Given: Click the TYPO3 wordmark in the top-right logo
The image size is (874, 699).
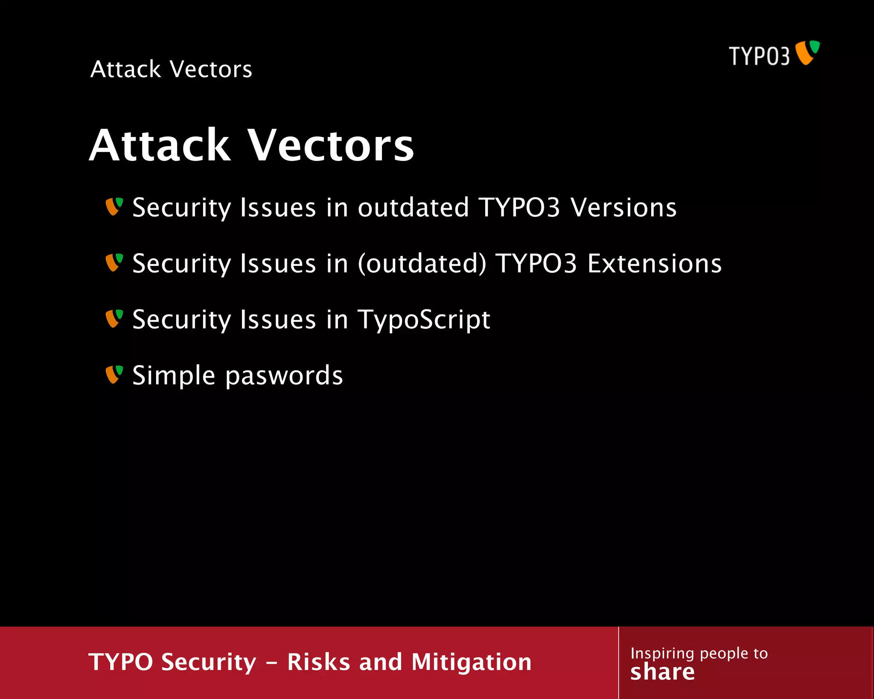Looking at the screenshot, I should tap(759, 56).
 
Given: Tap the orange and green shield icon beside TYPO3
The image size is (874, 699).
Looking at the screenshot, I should tap(807, 52).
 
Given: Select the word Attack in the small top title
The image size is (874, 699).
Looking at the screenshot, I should tap(126, 69).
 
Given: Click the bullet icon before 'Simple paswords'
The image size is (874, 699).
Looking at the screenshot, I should tap(114, 374).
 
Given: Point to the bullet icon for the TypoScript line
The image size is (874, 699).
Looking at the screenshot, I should tap(114, 318).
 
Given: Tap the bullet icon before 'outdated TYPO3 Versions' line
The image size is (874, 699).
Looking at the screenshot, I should tap(114, 207).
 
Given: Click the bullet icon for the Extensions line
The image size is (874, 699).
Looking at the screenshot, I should tap(114, 262).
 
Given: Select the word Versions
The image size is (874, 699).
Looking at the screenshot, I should tap(623, 208).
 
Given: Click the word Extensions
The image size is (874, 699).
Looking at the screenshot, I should tap(654, 264).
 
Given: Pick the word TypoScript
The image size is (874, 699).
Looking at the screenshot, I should tap(424, 320).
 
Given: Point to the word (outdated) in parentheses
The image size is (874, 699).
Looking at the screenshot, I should tap(422, 264).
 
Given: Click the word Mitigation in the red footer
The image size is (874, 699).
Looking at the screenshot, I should tap(472, 662).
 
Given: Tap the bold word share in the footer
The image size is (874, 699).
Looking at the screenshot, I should tap(662, 672).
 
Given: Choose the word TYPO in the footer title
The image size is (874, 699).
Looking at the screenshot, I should tap(120, 662).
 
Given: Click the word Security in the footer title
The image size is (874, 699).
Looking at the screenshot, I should tap(209, 662).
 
